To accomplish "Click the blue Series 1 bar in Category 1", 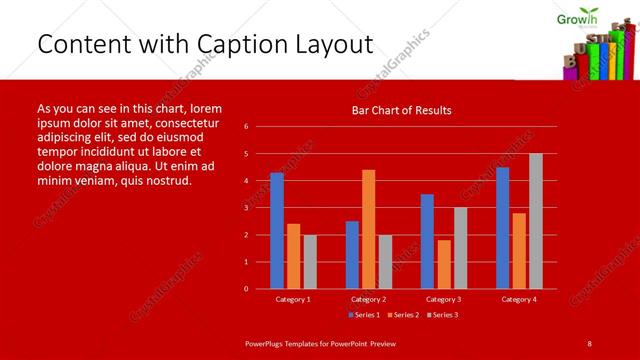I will pyautogui.click(x=277, y=231).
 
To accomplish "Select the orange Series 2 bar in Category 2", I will pyautogui.click(x=369, y=229).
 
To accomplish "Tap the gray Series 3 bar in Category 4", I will pyautogui.click(x=536, y=221).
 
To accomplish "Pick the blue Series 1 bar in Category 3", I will pyautogui.click(x=427, y=241).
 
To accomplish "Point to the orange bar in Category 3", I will pyautogui.click(x=444, y=264).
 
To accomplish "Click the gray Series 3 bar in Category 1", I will pyautogui.click(x=310, y=261).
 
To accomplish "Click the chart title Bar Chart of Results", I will pyautogui.click(x=401, y=110).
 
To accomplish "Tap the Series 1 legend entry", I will pyautogui.click(x=362, y=315).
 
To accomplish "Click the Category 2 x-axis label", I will pyautogui.click(x=368, y=299).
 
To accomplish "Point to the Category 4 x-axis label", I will pyautogui.click(x=518, y=299).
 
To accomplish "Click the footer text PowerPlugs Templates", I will pyautogui.click(x=285, y=343).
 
